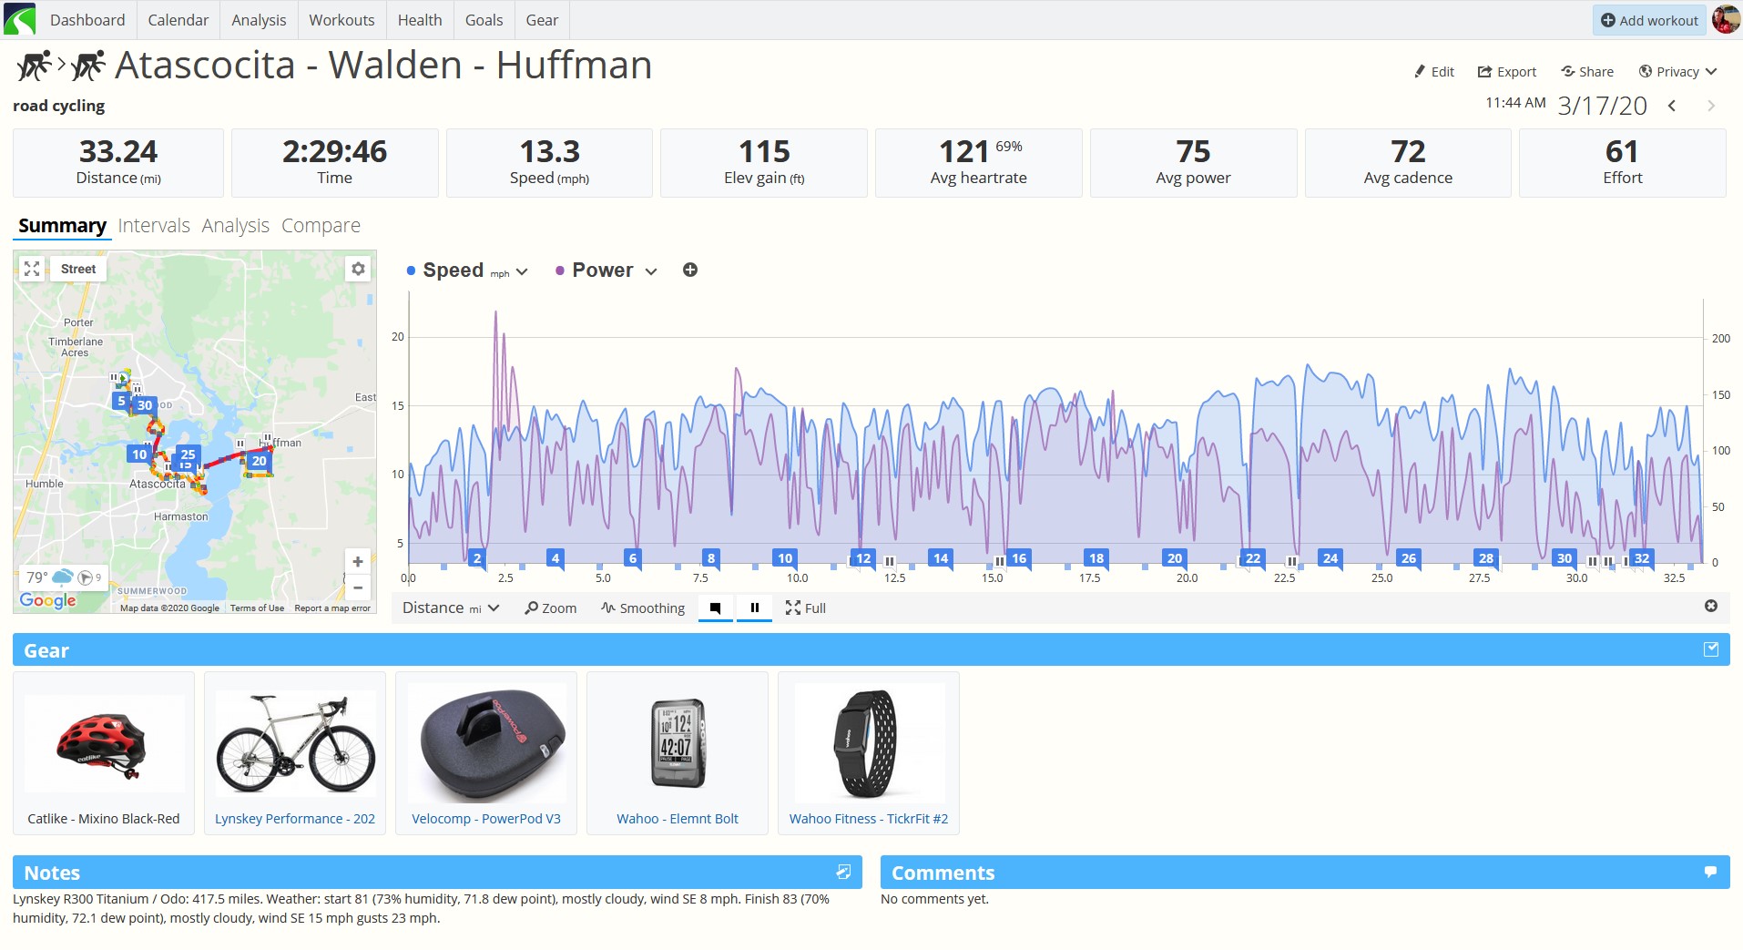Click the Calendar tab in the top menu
pyautogui.click(x=178, y=20)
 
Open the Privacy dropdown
pyautogui.click(x=1677, y=72)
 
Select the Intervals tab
pyautogui.click(x=154, y=225)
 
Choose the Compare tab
pyautogui.click(x=321, y=225)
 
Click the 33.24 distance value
pyautogui.click(x=118, y=151)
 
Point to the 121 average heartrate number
pyautogui.click(x=964, y=151)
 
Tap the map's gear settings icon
pyautogui.click(x=359, y=269)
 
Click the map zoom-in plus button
pyautogui.click(x=358, y=562)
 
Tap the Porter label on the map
pyautogui.click(x=78, y=322)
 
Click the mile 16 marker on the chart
pyautogui.click(x=1019, y=558)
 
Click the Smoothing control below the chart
pyautogui.click(x=643, y=608)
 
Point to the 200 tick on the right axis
pyautogui.click(x=1720, y=339)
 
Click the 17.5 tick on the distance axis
pyautogui.click(x=1090, y=578)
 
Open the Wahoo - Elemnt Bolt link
pyautogui.click(x=678, y=819)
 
